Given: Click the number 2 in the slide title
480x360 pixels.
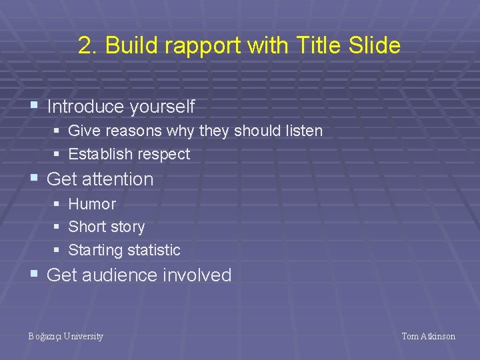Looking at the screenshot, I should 84,46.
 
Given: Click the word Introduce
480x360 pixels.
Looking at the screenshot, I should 86,107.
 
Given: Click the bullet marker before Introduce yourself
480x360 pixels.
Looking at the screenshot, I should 34,106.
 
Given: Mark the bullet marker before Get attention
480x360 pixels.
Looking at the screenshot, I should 34,178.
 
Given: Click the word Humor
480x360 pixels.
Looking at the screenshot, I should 92,204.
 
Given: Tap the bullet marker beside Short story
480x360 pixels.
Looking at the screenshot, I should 57,227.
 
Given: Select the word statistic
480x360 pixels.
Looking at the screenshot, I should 153,251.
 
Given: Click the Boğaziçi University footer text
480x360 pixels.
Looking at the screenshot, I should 65,337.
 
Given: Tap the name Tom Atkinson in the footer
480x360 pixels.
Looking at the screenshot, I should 428,337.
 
